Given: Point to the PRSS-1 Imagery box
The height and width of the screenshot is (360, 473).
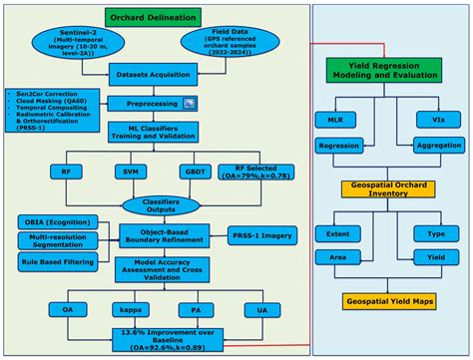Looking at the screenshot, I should click(x=264, y=236).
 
